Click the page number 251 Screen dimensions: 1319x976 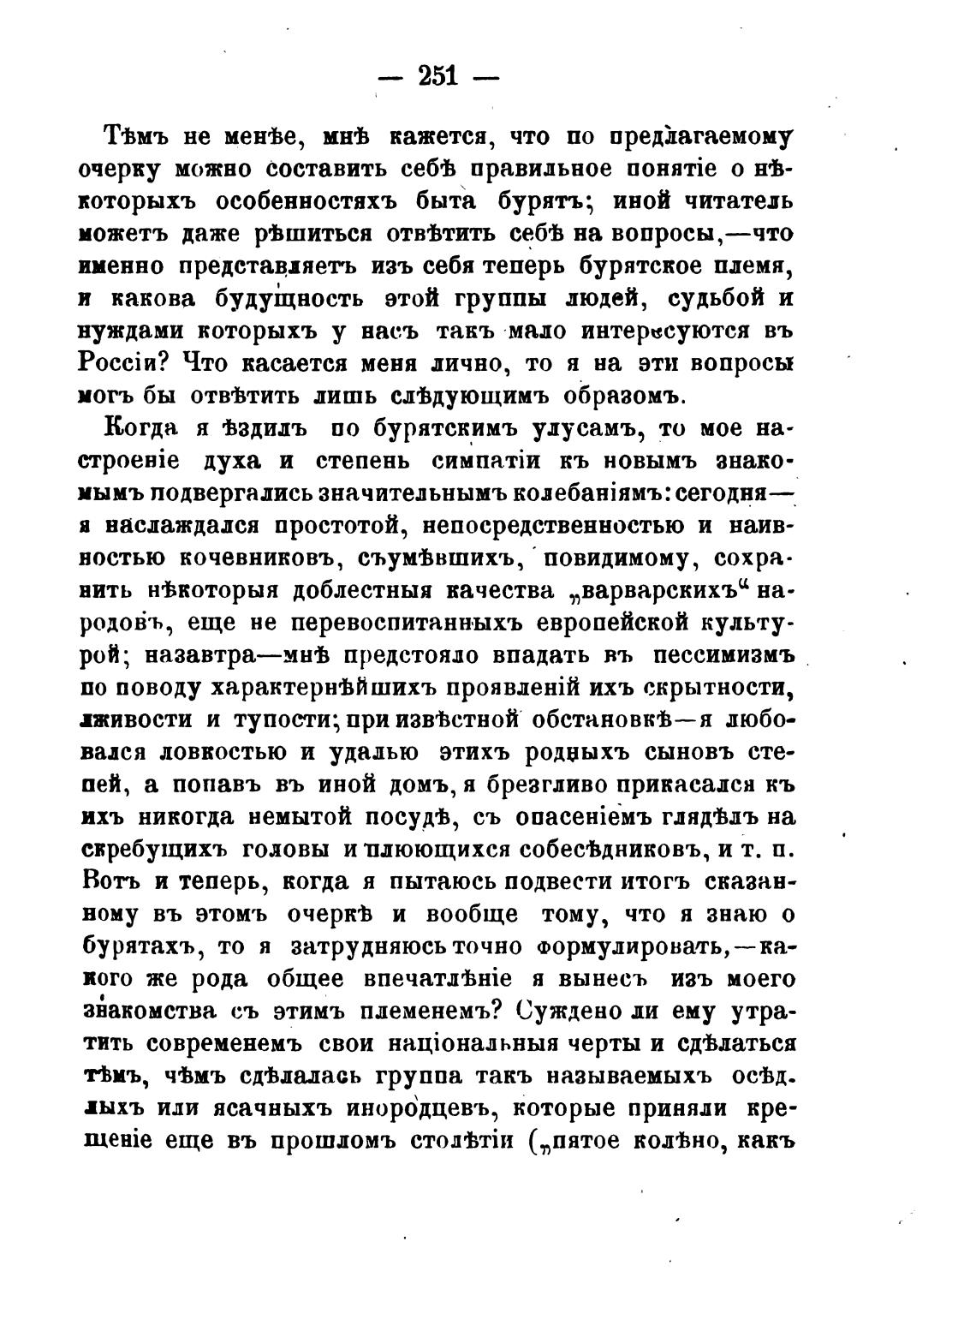pos(437,76)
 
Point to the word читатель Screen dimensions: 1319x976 pos(734,202)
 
